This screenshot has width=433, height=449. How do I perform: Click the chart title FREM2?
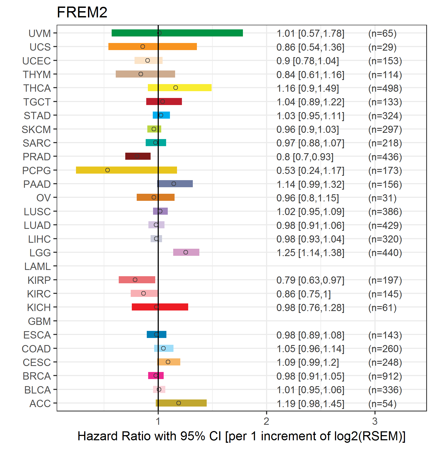coord(82,12)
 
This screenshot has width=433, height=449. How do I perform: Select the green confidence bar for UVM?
coord(177,33)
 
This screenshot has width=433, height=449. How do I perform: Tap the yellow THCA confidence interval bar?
coord(179,88)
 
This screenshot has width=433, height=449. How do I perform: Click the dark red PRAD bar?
coord(138,156)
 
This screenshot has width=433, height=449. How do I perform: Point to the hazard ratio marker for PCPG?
coord(108,170)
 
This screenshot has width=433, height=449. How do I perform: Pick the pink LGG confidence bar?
coord(186,252)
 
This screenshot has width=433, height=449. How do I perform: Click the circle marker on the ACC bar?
coord(179,403)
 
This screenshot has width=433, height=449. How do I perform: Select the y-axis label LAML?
coord(37,266)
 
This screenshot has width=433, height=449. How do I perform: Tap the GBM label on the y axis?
coord(39,321)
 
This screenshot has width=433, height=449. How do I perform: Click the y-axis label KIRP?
coord(39,280)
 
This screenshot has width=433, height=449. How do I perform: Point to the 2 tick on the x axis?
coord(266,421)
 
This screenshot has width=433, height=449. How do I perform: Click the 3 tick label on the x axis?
coord(375,421)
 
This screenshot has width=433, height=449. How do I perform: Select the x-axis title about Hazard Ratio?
coord(241,436)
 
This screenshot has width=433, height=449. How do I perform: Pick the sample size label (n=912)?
coord(385,376)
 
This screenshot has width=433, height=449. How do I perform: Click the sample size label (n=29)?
coord(382,47)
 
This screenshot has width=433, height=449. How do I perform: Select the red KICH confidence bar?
coord(160,307)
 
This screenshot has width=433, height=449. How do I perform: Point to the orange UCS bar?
coord(153,47)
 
